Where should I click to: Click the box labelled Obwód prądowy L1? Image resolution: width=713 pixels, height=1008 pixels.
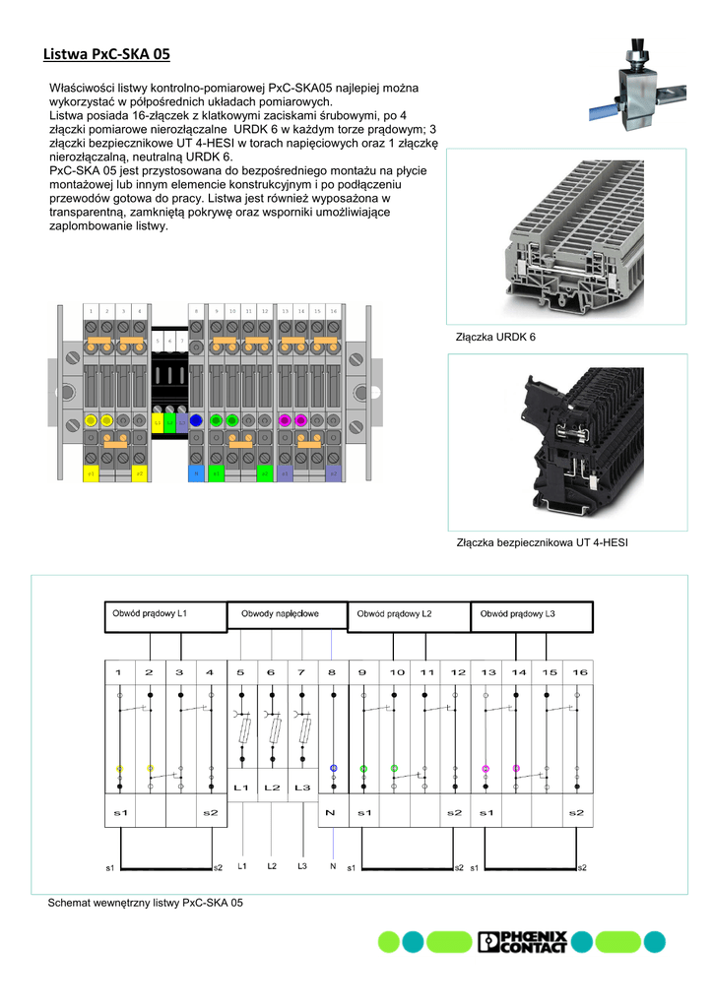(165, 616)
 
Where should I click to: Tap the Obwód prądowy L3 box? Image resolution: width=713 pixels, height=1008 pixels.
(532, 616)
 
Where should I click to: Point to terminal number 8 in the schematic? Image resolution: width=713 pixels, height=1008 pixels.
(333, 672)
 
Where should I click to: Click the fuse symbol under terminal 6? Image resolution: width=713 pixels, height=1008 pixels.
(272, 730)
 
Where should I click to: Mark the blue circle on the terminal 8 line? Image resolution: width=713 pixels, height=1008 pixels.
(334, 768)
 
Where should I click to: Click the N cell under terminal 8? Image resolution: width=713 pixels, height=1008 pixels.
(333, 813)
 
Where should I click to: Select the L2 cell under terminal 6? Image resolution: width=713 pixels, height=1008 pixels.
(272, 787)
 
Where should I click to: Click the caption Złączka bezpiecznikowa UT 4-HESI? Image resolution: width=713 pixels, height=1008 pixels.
(542, 542)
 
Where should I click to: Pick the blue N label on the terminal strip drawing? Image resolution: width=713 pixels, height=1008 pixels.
(195, 473)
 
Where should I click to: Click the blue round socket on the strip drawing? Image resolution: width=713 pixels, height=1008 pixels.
(196, 421)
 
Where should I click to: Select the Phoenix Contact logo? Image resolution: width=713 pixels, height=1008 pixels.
(522, 942)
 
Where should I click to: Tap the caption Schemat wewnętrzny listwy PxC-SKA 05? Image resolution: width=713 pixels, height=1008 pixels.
(146, 903)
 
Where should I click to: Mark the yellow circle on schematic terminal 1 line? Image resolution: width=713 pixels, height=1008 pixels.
(119, 768)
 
